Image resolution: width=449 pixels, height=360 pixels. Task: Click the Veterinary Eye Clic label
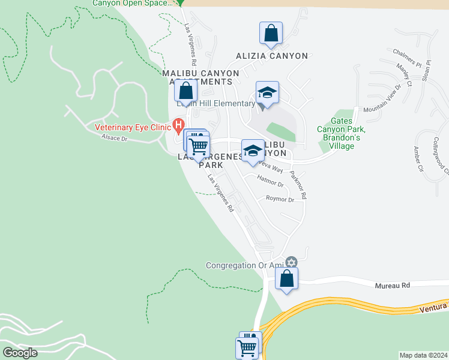tap(132, 127)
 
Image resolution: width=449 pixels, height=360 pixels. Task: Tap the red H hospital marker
tap(178, 125)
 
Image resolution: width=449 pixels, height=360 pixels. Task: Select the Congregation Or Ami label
tap(245, 265)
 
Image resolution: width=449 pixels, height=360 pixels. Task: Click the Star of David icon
tap(292, 262)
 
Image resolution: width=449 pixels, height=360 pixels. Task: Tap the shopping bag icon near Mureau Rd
tap(287, 278)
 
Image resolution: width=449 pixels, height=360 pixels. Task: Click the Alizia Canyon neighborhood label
tap(271, 56)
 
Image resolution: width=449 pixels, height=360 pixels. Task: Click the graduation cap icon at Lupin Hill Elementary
tap(267, 92)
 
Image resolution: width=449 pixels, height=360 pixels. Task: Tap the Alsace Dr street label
tap(115, 139)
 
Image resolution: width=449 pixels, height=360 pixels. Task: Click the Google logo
tap(20, 353)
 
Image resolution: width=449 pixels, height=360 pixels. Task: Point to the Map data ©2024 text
tap(423, 355)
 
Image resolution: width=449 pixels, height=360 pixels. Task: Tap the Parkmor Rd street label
tap(298, 185)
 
